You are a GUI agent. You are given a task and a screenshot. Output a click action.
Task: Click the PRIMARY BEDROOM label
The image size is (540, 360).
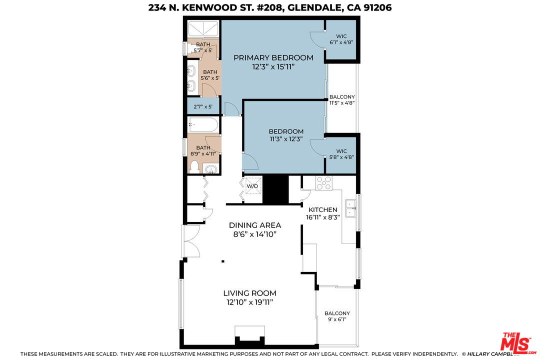click(273, 57)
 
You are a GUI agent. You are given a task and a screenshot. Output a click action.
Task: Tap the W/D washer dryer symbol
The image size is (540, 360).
click(252, 186)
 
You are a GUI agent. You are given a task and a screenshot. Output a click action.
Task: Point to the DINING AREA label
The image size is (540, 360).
click(255, 225)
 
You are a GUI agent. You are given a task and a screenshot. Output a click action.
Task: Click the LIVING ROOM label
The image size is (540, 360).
click(249, 293)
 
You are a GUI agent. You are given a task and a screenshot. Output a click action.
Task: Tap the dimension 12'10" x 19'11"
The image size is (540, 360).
click(249, 302)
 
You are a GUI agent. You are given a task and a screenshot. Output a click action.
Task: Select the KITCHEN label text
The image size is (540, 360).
click(322, 209)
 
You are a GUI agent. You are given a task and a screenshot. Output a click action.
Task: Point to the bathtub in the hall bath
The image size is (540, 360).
click(203, 124)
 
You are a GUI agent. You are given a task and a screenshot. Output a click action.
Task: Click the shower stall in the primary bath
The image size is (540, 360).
click(203, 28)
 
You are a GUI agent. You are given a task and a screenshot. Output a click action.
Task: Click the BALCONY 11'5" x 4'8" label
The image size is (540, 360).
click(342, 100)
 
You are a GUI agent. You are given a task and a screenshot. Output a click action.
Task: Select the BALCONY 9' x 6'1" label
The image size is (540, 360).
click(337, 316)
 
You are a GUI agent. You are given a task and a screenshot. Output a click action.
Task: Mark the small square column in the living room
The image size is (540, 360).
click(223, 260)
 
